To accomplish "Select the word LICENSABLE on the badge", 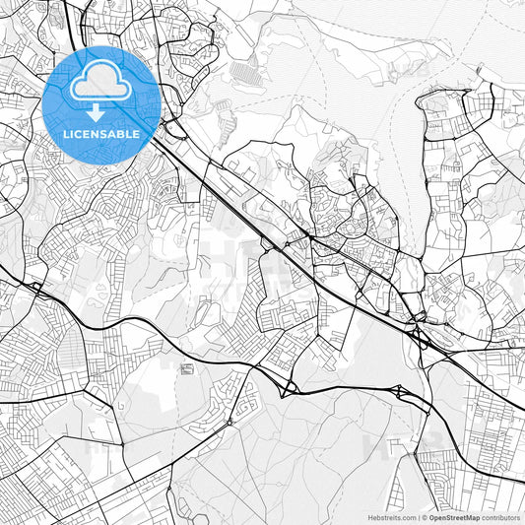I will (101, 133).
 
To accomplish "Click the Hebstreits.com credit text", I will (392, 517).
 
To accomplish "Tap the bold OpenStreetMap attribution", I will (453, 517).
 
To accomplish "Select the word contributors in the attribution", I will (500, 517).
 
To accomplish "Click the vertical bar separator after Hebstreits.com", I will (418, 517).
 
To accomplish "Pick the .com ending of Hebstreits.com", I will (407, 517).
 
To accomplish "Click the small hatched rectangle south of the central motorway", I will (187, 368).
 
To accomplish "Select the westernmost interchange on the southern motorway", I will (35, 289).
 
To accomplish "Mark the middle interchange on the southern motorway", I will (289, 388).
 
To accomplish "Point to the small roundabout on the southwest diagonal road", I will (230, 423).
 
